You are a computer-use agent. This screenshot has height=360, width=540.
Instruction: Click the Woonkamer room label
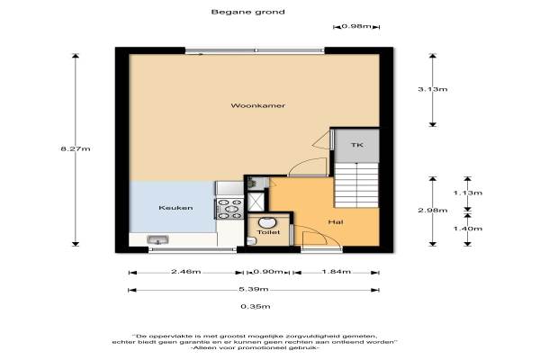point(258,105)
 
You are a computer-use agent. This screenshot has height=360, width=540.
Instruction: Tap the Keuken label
point(175,208)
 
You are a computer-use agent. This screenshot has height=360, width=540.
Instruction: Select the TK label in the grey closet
point(357,145)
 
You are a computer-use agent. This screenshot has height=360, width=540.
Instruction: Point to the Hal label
point(336,222)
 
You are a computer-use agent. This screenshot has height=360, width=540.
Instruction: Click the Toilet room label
point(268,232)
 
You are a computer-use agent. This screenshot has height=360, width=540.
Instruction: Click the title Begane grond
point(248,12)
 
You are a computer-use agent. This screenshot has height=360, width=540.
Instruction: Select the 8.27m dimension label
point(76,148)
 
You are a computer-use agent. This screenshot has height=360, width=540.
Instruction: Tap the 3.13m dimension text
point(433,89)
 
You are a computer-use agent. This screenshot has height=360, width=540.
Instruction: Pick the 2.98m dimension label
point(433,210)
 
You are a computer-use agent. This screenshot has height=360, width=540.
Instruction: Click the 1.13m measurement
point(468,193)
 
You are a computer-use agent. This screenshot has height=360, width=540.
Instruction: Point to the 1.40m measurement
point(468,229)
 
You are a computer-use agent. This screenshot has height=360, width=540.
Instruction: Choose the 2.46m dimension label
point(186,272)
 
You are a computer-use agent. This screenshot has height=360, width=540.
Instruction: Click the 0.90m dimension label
point(268,272)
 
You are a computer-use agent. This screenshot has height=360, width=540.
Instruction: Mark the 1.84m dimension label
point(337,272)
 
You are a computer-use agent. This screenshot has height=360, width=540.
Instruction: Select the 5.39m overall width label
point(254,289)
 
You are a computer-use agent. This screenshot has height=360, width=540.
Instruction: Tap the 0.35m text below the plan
point(256,306)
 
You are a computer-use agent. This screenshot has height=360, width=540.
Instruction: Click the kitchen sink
point(157,239)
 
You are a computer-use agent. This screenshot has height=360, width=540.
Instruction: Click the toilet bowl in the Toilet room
point(265,223)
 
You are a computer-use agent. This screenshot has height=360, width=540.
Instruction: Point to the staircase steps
point(356,185)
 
